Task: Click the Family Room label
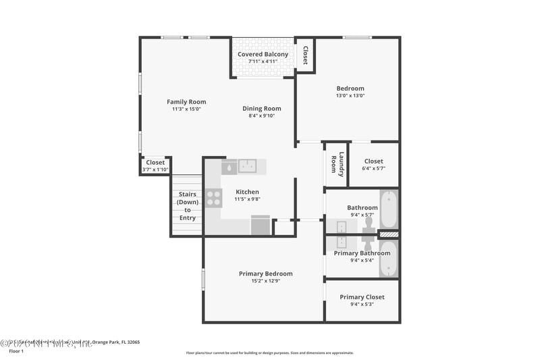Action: coord(186,102)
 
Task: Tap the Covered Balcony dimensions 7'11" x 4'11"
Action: coord(263,61)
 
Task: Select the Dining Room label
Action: coord(262,108)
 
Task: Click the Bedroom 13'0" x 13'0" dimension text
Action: coord(350,96)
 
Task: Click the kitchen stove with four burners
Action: coord(213,198)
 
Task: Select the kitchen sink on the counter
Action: coord(248,166)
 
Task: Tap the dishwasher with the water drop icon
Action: coord(229,166)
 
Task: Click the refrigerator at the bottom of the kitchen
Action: coord(261,225)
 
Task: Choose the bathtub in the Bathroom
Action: coord(388,210)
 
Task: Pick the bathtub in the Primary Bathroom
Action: coord(388,259)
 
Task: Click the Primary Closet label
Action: coord(362,297)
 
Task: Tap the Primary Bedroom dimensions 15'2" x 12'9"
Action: coord(265,281)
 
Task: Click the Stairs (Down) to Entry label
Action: coord(187,206)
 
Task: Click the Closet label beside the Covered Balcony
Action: coord(305,54)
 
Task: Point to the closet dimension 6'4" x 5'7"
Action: coord(373,169)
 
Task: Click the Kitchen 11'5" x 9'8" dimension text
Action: coord(247,199)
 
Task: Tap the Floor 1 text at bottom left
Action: coord(16,351)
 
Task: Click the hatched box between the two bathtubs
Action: coord(388,234)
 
